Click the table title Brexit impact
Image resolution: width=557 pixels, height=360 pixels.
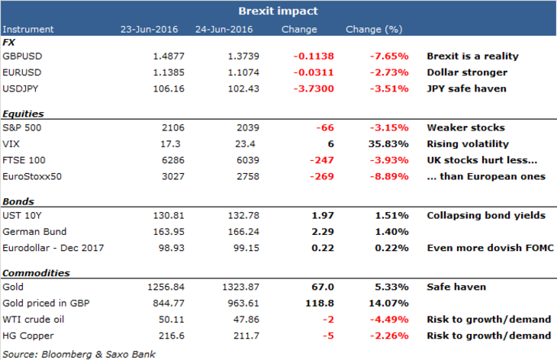point(278,11)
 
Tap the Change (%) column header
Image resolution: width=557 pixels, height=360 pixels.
point(374,29)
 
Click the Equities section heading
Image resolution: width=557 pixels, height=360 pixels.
point(24,114)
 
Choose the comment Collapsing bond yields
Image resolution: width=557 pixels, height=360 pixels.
point(485,215)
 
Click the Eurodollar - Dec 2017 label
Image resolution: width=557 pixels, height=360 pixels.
point(53,247)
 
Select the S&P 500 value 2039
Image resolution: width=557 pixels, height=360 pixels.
point(249,127)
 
